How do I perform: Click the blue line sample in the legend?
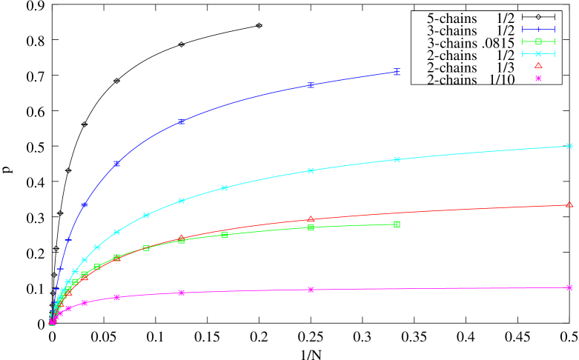click(538, 29)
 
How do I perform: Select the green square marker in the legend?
click(538, 41)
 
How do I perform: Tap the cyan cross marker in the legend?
click(538, 53)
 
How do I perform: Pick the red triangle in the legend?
click(538, 65)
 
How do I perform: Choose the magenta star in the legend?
click(538, 78)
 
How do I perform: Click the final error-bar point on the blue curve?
click(397, 72)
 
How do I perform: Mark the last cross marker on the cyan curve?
click(569, 146)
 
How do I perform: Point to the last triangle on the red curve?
click(569, 204)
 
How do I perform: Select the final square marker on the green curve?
click(397, 224)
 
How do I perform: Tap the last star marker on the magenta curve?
click(569, 287)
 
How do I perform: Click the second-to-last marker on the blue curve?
click(311, 85)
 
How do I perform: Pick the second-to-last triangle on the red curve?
click(311, 219)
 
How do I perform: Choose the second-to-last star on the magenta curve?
click(311, 290)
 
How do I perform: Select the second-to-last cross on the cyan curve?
click(397, 159)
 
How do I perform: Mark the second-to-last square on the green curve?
click(311, 227)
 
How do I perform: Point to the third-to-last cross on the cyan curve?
click(311, 170)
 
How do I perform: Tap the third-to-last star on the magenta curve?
click(182, 293)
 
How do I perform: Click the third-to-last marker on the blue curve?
click(182, 121)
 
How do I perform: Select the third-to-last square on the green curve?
click(225, 235)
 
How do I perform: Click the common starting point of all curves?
click(51, 323)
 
